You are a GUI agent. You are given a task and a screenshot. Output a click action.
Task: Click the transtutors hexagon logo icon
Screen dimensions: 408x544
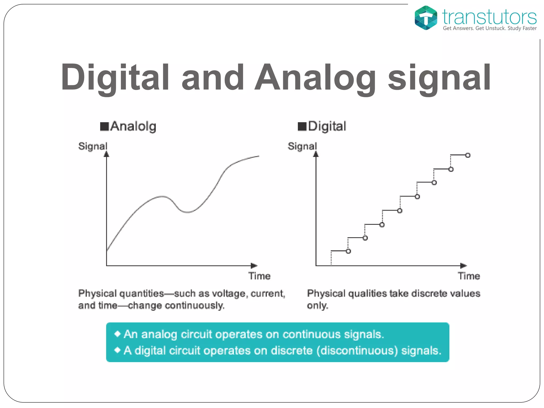tap(426, 18)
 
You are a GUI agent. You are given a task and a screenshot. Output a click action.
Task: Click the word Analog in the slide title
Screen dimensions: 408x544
tap(315, 78)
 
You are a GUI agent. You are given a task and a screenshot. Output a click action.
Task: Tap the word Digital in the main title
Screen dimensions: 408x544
tap(115, 78)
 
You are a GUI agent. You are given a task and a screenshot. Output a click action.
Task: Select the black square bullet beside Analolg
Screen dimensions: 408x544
tap(104, 126)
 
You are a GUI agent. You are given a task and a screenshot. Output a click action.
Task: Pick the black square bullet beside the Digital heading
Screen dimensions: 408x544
tap(302, 126)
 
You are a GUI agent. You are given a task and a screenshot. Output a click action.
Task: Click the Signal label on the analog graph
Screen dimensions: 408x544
tap(93, 146)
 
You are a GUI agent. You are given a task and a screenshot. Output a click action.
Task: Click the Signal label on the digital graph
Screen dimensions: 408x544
tap(302, 146)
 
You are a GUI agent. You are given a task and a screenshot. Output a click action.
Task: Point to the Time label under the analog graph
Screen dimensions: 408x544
tap(260, 276)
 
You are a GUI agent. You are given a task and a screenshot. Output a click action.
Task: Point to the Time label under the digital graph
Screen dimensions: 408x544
tap(469, 276)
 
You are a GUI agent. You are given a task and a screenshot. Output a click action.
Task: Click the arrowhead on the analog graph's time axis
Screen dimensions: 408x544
tap(254, 266)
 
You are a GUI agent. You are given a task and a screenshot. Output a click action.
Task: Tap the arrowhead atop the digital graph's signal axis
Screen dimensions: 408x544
tap(316, 154)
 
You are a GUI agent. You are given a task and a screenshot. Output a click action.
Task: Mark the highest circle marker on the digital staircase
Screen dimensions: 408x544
tap(468, 155)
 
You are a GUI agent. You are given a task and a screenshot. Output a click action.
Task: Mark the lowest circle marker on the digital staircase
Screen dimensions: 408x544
tap(348, 251)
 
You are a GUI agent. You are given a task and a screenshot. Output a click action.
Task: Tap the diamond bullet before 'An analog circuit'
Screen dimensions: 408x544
tap(117, 334)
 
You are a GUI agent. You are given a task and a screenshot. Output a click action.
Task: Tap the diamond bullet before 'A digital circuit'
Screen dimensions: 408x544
tap(117, 350)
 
